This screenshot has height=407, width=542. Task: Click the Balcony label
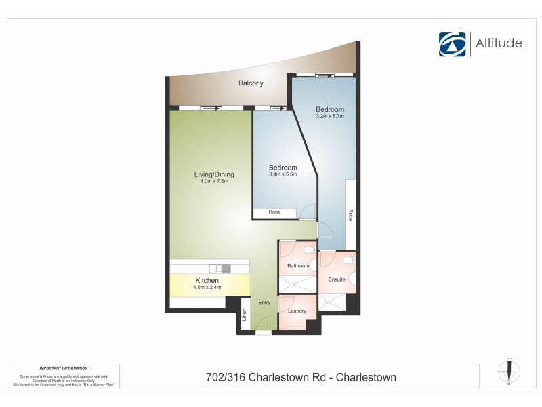251,83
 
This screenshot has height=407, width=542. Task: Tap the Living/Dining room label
214,174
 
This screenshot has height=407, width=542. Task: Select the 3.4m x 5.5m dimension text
283,175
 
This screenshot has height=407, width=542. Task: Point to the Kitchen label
207,280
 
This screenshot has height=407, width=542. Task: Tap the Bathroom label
297,266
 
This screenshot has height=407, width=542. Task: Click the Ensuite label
337,279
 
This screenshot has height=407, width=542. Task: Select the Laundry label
297,311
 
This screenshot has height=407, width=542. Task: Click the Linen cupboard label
245,315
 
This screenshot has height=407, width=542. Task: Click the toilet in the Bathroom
310,250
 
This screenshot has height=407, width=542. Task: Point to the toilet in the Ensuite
348,260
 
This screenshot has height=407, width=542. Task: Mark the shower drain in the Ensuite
331,303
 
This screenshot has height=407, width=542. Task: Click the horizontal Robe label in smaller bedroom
274,212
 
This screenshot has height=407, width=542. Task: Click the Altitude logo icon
453,43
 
